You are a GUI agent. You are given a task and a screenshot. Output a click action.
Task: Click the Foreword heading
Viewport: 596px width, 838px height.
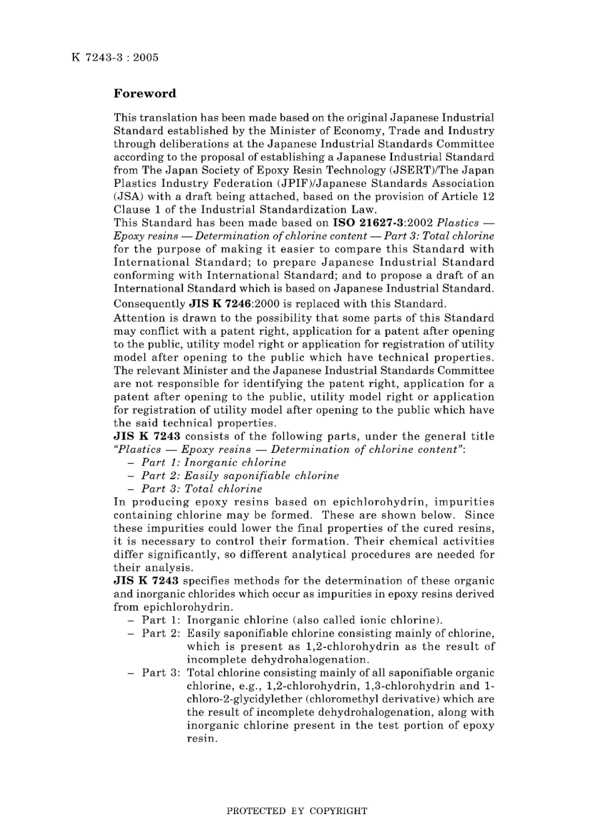click(144, 93)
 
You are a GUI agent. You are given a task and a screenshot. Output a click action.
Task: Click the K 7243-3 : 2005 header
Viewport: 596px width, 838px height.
click(115, 58)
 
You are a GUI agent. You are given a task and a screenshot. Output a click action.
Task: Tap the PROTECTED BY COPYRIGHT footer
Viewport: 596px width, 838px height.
click(296, 811)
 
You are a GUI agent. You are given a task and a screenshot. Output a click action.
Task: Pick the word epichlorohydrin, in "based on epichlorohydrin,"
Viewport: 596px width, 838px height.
click(380, 502)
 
